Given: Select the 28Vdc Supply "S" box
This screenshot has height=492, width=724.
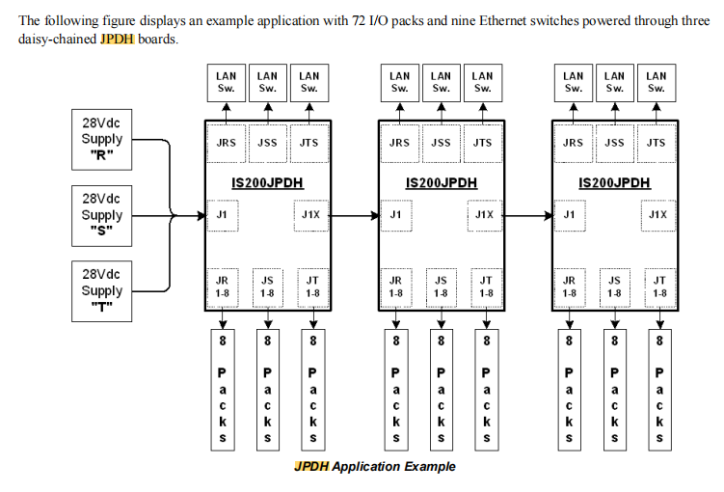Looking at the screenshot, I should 101,215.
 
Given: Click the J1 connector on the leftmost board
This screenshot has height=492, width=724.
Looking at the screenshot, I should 224,215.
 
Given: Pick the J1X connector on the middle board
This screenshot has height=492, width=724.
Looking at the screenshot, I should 484,215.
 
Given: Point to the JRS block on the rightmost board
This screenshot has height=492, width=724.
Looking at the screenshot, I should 573,143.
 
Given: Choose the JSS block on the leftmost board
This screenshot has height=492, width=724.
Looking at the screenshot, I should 267,143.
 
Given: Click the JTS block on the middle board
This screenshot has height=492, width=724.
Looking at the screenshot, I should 483,143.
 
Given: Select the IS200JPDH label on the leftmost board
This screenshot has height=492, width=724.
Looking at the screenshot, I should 268,181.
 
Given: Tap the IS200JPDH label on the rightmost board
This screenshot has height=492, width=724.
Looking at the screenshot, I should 614,181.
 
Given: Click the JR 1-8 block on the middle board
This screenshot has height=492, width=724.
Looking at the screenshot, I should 396,287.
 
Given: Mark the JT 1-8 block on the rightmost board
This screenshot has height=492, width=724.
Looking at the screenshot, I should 659,287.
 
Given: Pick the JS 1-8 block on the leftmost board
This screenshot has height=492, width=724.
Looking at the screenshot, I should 267,287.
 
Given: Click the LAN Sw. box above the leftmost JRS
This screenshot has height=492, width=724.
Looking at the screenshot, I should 226,81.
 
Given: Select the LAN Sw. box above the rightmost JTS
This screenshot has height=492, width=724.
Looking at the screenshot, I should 657,81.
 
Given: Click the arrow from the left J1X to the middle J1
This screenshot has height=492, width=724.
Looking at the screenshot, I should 353,215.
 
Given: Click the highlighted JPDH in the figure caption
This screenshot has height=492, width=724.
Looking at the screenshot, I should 312,467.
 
